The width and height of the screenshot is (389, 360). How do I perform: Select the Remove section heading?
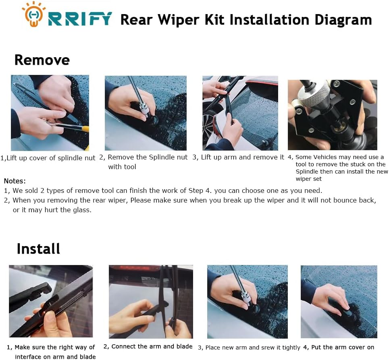(x=42, y=60)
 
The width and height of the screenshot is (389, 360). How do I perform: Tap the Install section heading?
(x=38, y=248)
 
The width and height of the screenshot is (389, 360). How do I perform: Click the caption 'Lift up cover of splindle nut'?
(x=51, y=158)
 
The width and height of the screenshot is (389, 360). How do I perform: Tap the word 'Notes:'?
(x=15, y=181)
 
